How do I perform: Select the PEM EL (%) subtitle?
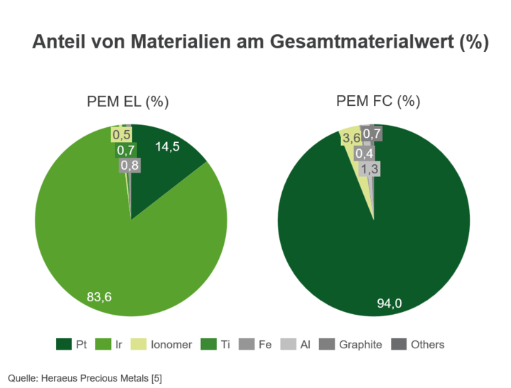128,101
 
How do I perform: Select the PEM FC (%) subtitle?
378,101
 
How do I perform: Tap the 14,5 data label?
168,147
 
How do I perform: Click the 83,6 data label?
99,297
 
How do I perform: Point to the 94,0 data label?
389,303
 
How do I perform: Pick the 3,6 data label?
350,138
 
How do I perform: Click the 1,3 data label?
370,168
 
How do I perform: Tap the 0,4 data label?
365,153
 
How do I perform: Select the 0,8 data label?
129,166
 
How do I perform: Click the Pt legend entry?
72,345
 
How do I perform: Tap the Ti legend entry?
217,345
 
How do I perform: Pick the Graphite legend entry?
352,345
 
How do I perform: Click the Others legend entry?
419,345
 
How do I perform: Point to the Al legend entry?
297,345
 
